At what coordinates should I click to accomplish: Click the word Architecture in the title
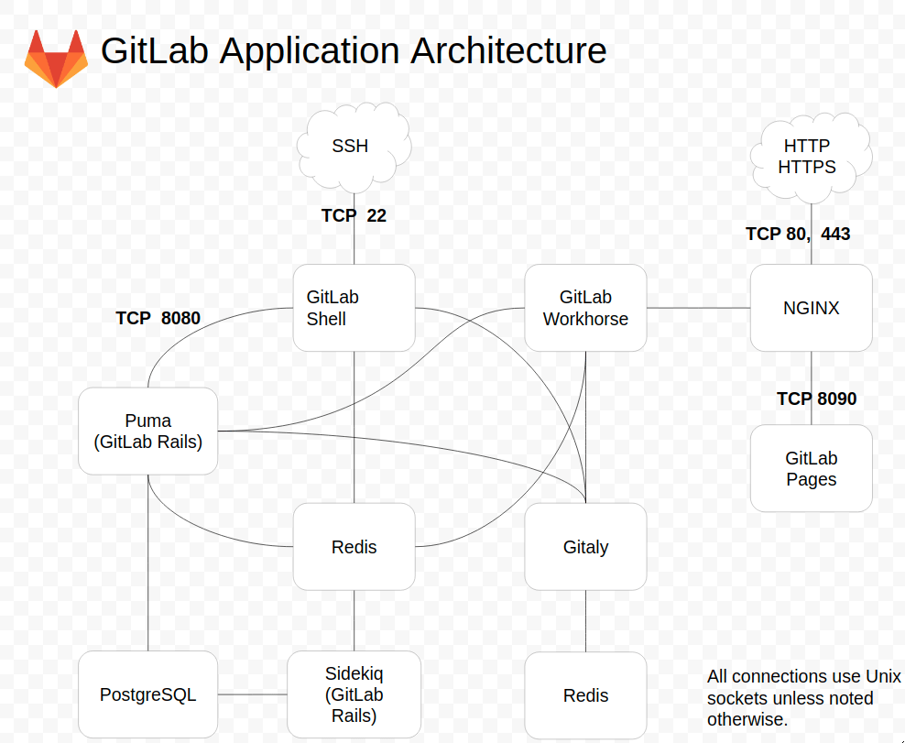tap(508, 50)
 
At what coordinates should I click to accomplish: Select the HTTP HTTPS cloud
tap(807, 157)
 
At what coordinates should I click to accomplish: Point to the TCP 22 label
tap(354, 216)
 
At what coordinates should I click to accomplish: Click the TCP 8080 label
tap(158, 319)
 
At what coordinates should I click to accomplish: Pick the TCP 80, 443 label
tap(798, 235)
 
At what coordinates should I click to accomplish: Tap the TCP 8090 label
tap(816, 399)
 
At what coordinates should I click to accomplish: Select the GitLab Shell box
tap(354, 308)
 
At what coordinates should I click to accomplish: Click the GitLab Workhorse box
tap(585, 308)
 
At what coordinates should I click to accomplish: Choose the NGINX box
tap(811, 308)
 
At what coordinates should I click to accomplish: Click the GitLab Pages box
tap(811, 468)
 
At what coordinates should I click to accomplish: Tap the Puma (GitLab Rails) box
tap(147, 431)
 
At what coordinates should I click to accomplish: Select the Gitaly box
tap(585, 547)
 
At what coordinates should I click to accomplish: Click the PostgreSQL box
tap(147, 694)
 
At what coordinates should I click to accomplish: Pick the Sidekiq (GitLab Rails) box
tap(354, 694)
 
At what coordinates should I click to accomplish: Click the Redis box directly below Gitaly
tap(585, 694)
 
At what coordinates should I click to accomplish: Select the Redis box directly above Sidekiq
tap(354, 547)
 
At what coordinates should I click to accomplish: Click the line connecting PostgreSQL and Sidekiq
tap(252, 694)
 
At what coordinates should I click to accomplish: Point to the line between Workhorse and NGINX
tap(698, 308)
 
